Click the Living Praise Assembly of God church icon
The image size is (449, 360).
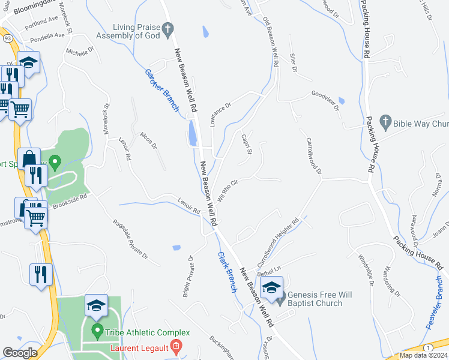click(168, 28)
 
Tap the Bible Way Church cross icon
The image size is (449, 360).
click(385, 124)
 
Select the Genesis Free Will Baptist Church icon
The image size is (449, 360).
click(280, 299)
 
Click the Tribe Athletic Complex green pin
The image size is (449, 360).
click(97, 331)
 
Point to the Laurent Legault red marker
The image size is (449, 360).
click(175, 346)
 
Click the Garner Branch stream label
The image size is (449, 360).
click(162, 91)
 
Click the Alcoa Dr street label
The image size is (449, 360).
click(148, 142)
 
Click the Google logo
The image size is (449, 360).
click(20, 353)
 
